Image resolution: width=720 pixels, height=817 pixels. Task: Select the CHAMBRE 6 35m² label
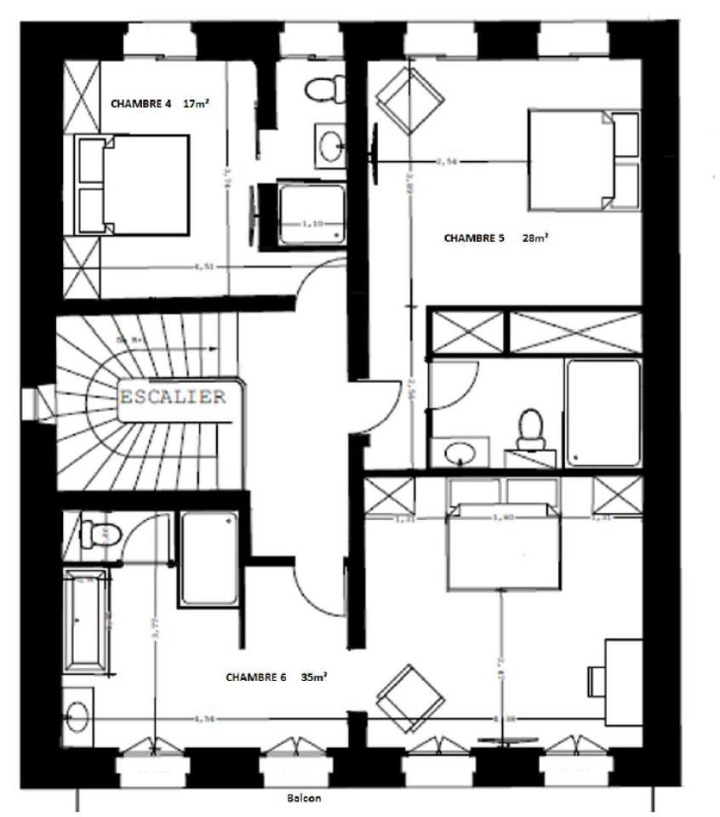coord(277,677)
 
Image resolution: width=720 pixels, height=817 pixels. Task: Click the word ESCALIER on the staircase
coord(174,397)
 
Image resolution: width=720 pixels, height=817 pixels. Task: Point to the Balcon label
coord(305,799)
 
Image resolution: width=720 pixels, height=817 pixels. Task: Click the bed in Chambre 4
coord(133,185)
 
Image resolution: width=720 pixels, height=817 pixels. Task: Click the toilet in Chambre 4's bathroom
coord(325,89)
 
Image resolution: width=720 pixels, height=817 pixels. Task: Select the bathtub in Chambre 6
coord(85,620)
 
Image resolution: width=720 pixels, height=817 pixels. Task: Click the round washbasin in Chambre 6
coord(77,716)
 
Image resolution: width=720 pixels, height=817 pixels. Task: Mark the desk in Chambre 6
coord(623,681)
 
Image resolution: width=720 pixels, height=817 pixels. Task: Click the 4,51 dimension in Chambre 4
coord(203,266)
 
